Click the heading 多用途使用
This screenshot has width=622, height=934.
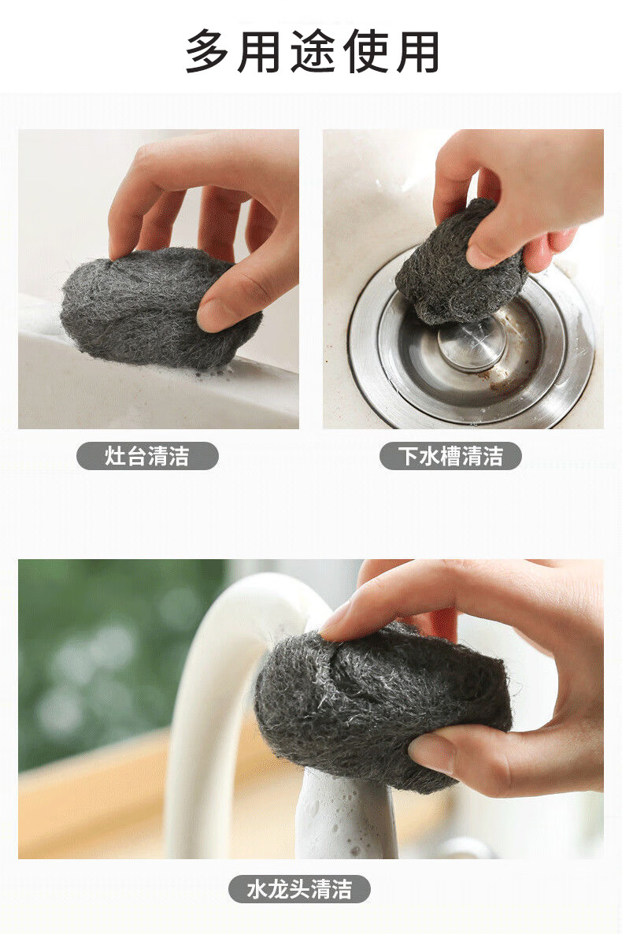(x=313, y=51)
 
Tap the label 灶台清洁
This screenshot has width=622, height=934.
(x=147, y=456)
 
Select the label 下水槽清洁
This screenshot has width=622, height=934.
(x=450, y=456)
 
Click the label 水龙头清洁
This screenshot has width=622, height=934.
(x=299, y=889)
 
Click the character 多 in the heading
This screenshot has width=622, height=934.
(x=207, y=51)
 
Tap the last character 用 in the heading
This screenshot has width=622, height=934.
(x=418, y=51)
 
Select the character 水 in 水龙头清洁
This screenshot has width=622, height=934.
(x=257, y=889)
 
